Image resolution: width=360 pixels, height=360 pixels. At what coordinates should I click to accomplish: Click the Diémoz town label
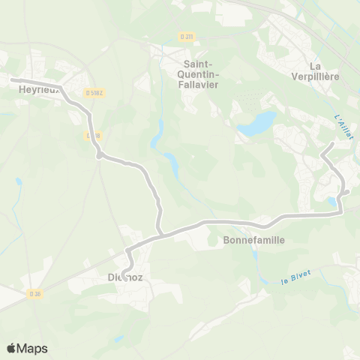119,278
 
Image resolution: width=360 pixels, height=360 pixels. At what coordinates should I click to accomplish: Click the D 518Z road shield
93,92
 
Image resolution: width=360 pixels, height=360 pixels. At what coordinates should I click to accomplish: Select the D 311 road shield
187,35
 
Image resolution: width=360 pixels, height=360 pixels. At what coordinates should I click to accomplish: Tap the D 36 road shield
34,293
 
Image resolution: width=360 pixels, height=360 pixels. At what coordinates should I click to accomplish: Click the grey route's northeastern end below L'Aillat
334,142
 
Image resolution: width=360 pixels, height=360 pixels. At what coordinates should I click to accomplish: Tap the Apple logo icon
11,348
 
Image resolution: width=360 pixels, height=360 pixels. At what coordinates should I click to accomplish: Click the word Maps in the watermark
32,348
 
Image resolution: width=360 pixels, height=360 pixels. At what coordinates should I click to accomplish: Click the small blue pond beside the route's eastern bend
332,201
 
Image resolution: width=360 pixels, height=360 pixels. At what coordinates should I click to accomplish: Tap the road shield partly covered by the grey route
91,136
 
